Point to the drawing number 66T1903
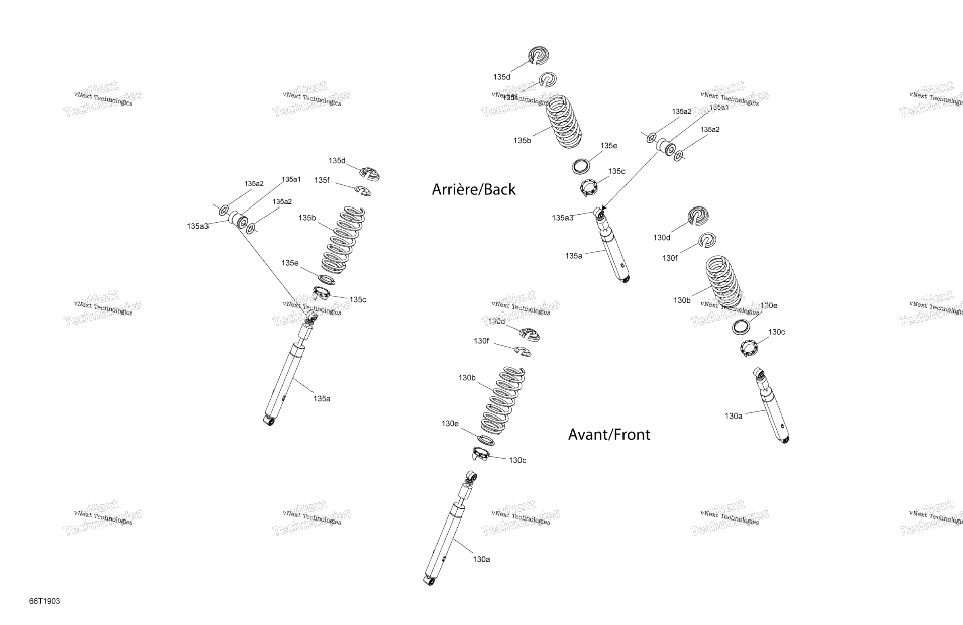coord(44,601)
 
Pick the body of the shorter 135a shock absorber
coord(614,255)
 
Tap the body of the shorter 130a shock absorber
coord(773,415)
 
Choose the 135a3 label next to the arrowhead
coord(563,218)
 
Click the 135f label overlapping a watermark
coord(510,97)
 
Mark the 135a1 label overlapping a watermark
coord(719,107)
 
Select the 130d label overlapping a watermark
coord(496,322)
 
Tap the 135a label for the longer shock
coord(322,399)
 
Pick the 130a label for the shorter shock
coord(734,416)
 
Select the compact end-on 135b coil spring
coord(564,121)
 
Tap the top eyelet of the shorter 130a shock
coord(759,374)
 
